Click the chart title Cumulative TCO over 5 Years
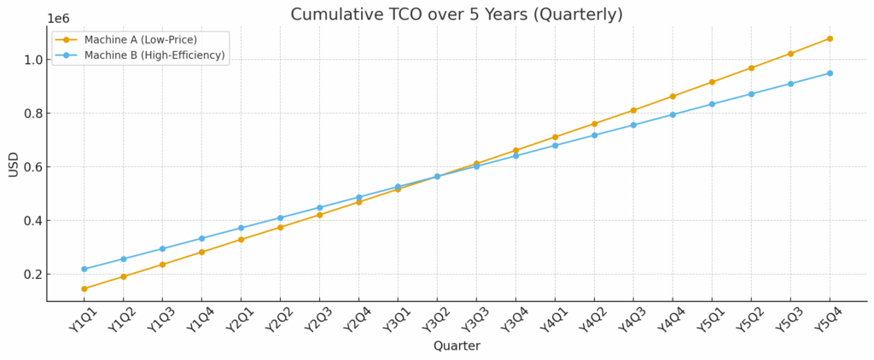pos(457,15)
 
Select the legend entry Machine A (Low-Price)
pos(139,39)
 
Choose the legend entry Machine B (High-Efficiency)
pos(154,55)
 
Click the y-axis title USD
pos(14,164)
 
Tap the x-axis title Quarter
pos(457,345)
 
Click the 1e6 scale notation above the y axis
pos(59,18)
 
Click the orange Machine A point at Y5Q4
pos(830,38)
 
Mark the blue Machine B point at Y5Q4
pos(830,73)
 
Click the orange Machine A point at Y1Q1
pos(84,288)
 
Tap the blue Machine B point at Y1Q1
pos(84,269)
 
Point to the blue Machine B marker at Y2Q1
pos(241,228)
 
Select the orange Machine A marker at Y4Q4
pos(673,96)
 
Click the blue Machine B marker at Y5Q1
pos(712,104)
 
